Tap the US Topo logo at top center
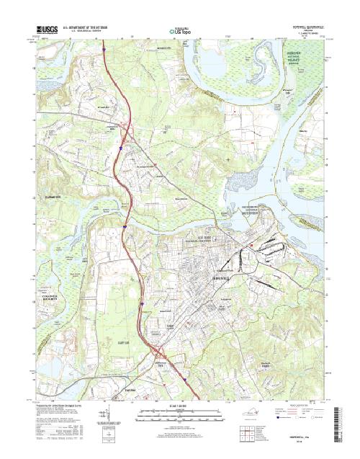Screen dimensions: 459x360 pyautogui.click(x=180, y=31)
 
